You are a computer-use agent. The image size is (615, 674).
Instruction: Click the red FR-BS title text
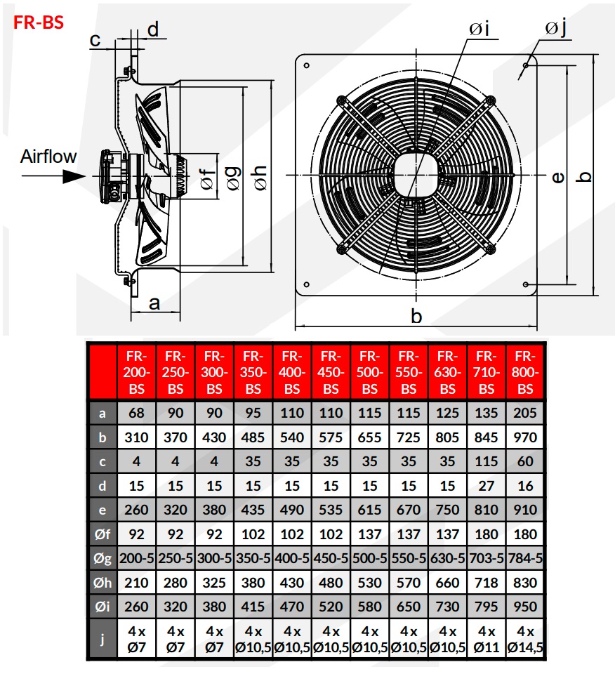point(39,22)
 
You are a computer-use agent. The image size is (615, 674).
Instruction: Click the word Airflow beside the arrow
point(48,156)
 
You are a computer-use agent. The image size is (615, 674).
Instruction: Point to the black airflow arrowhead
point(73,175)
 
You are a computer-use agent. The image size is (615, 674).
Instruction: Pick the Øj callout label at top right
point(555,28)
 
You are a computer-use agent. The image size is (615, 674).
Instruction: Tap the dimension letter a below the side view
point(155,303)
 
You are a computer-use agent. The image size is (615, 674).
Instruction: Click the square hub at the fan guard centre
point(416,174)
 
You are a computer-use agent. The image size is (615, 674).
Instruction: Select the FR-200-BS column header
point(137,371)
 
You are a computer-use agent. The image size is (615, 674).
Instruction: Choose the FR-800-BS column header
point(525,371)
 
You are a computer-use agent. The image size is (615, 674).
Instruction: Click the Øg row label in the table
point(102,558)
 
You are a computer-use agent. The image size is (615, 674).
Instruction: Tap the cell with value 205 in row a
point(525,414)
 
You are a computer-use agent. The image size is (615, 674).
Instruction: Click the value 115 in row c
point(487,461)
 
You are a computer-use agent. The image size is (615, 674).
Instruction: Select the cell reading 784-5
point(525,558)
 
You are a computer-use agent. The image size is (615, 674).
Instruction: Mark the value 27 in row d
point(487,486)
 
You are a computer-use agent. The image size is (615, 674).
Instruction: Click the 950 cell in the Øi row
point(525,606)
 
